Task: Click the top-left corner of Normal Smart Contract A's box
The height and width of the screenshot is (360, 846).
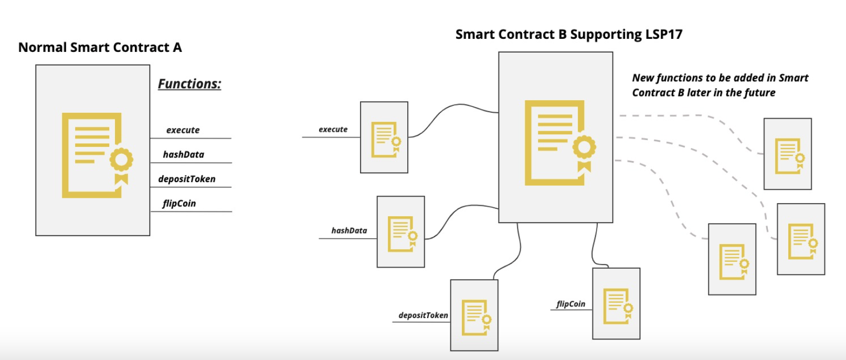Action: [36, 65]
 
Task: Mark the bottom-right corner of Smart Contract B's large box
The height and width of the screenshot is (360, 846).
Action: [612, 223]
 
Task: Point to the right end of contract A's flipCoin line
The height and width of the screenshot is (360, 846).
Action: [231, 211]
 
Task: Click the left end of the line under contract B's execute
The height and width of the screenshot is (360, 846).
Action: [302, 137]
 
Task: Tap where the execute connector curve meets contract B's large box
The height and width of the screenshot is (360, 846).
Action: [499, 113]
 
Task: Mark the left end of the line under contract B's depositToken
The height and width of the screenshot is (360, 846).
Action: [393, 322]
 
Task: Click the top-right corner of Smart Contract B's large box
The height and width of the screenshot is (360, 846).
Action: [612, 52]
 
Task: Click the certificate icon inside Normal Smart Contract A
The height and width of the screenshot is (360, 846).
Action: [98, 155]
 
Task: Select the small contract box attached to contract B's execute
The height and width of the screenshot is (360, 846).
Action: [384, 137]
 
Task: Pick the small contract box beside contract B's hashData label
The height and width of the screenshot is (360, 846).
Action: [401, 231]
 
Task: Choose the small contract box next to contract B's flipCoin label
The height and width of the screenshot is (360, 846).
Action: [616, 303]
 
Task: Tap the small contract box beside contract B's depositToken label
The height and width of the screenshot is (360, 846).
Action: [474, 315]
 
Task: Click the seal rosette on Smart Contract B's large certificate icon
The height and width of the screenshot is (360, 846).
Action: [584, 147]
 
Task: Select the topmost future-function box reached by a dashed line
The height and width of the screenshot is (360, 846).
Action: [787, 154]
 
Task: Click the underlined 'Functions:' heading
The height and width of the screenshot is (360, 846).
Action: [189, 84]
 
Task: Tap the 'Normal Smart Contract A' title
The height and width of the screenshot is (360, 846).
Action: [100, 48]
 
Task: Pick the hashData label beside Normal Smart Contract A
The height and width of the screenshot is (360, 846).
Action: [184, 154]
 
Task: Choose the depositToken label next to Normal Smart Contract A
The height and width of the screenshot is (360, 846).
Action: [187, 179]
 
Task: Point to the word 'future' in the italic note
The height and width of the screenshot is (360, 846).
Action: [760, 92]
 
